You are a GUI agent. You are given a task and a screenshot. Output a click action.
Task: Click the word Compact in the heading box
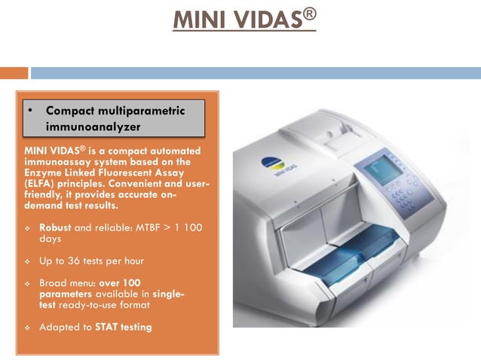point(74,110)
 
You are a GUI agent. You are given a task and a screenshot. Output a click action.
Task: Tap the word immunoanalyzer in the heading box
point(93,127)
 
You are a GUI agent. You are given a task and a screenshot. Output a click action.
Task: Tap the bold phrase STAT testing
point(124,327)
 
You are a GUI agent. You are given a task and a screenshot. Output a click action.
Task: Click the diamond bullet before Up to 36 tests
point(27,261)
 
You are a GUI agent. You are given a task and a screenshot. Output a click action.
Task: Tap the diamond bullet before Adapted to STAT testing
point(27,328)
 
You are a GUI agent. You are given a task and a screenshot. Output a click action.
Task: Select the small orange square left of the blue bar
point(14,73)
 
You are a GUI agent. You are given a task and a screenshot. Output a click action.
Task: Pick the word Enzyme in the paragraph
point(41,171)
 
